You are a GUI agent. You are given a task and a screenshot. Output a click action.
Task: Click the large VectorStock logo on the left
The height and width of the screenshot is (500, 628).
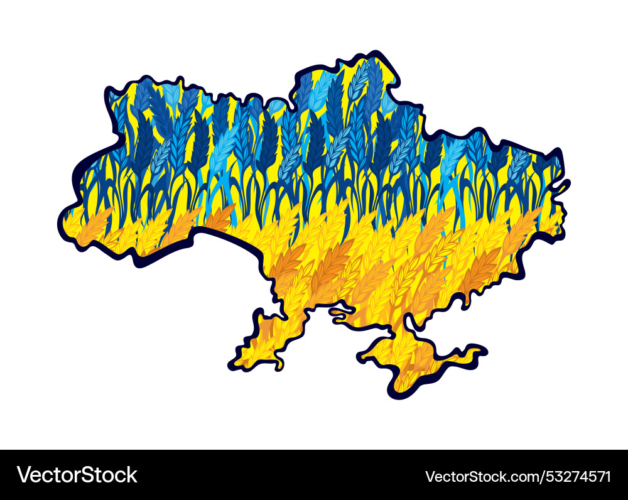point(77,474)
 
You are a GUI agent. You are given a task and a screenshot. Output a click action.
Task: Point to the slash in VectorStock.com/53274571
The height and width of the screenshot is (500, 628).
point(547,476)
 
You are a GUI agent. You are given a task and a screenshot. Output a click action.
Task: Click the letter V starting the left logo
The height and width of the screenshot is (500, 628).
point(23,474)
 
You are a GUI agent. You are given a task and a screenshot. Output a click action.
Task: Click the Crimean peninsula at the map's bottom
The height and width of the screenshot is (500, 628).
point(414,358)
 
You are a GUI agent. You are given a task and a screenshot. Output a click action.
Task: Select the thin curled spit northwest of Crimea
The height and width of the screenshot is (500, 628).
point(342,312)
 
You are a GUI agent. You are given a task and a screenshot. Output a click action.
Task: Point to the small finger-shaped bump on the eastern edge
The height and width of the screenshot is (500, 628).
point(564,185)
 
